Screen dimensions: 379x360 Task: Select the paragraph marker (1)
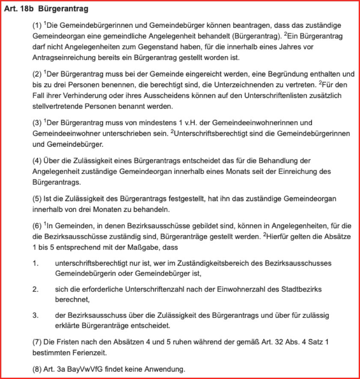point(37,26)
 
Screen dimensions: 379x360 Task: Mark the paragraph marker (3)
point(37,124)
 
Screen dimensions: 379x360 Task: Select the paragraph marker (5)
point(37,200)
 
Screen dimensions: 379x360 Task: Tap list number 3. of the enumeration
point(36,316)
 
